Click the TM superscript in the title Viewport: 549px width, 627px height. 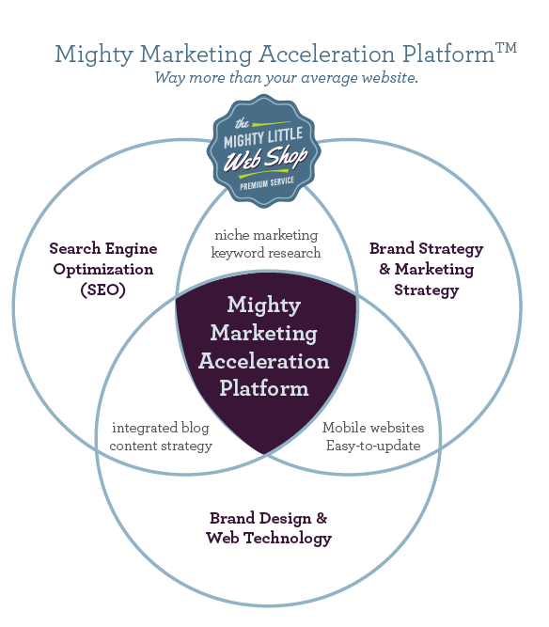coord(506,48)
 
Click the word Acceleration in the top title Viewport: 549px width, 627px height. coord(327,54)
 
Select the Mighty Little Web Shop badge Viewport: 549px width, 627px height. coord(263,151)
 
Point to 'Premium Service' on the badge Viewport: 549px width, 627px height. coord(267,183)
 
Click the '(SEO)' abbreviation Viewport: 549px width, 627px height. coord(103,290)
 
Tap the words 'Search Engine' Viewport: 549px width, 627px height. coord(103,249)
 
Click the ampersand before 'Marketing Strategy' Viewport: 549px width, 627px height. coord(384,269)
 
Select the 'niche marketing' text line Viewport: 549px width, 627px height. coord(266,235)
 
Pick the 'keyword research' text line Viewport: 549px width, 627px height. coord(266,253)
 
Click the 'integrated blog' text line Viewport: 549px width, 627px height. coord(161,428)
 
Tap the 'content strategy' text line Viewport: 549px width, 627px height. coord(161,446)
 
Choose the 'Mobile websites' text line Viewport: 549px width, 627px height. coord(373,428)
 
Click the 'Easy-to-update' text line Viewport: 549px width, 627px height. coord(373,446)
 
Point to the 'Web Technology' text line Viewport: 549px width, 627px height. coord(269,538)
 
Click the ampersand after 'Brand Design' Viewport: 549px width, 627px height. coord(322,518)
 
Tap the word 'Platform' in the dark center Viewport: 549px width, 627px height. coord(264,388)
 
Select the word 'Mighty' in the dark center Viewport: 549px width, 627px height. coord(264,306)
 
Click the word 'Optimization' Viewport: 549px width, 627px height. coord(103,270)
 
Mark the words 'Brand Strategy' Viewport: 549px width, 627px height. coord(426,249)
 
